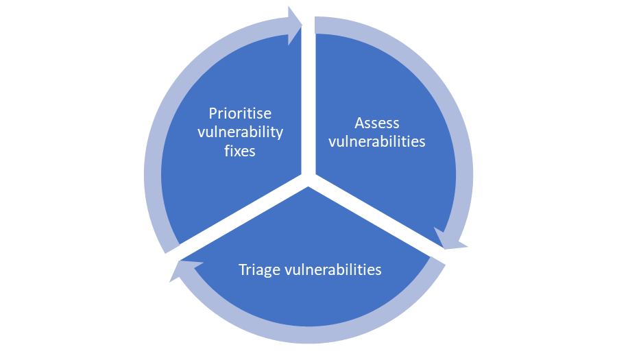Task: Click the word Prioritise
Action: click(240, 113)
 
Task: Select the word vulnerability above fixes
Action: click(240, 132)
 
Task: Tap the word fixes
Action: click(240, 151)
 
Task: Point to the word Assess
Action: click(376, 123)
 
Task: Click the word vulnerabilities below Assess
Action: click(376, 142)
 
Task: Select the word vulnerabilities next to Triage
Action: click(333, 269)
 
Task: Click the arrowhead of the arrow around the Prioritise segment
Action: click(295, 25)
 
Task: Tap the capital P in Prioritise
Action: click(213, 113)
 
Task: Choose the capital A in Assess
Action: click(360, 123)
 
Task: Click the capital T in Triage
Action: click(243, 269)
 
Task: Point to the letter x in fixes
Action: click(237, 151)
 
